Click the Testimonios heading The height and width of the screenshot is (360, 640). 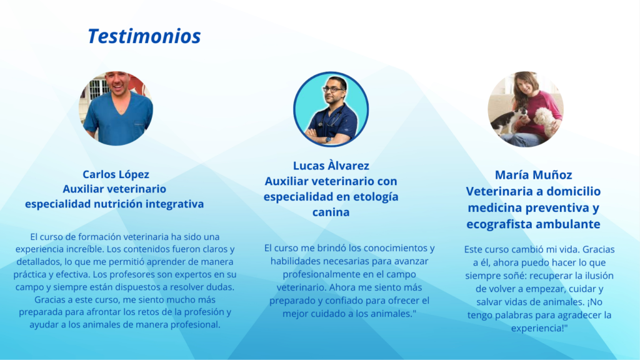[x=144, y=36]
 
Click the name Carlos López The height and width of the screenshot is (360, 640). [x=116, y=175]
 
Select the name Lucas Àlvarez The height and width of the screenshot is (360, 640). [x=331, y=166]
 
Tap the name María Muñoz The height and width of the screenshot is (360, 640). [x=534, y=175]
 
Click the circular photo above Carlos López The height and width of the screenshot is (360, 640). [x=116, y=109]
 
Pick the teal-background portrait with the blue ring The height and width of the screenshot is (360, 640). [x=331, y=109]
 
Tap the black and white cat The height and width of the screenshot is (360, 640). [x=507, y=121]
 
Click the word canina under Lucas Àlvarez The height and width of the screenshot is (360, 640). [x=331, y=212]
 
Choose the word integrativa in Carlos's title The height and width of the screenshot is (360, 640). [x=175, y=204]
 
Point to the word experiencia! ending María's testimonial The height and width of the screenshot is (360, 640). [x=539, y=328]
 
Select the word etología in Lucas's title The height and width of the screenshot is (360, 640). [x=376, y=197]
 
